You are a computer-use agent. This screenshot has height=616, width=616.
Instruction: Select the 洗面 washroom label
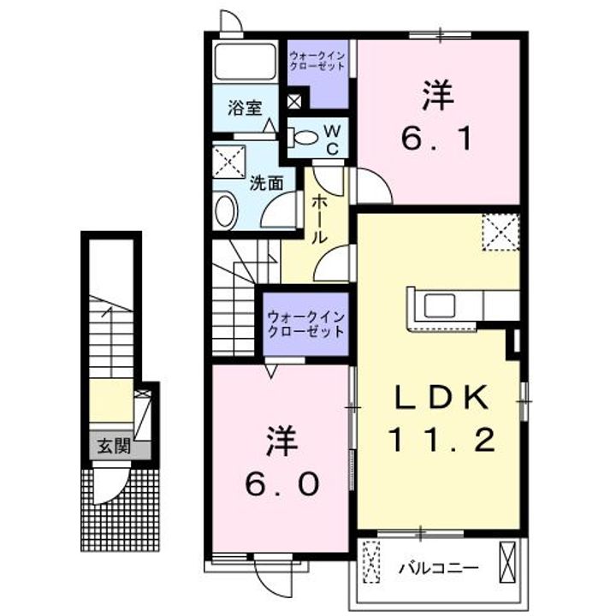(x=266, y=182)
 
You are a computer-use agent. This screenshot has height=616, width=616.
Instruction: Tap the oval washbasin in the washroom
(x=225, y=210)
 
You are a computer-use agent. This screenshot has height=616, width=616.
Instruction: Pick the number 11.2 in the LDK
(x=441, y=440)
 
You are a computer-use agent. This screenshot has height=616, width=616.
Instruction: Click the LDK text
(x=441, y=397)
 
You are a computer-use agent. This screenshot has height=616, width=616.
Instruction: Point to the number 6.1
(x=437, y=137)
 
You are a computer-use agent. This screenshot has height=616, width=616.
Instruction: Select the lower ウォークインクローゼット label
(x=305, y=324)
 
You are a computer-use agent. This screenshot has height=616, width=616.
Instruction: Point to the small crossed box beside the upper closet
(x=294, y=100)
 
